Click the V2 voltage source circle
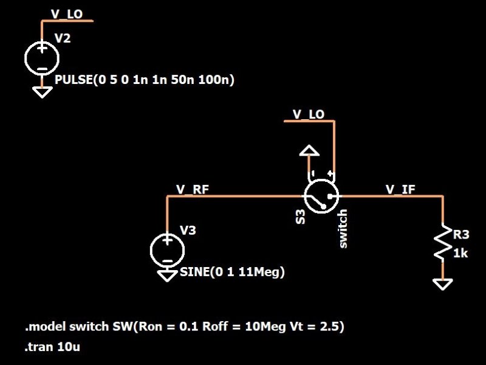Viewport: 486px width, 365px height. [41, 58]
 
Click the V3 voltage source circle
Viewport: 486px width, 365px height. [166, 249]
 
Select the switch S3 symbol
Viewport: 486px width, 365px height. [321, 196]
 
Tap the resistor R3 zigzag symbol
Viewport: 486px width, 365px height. [443, 244]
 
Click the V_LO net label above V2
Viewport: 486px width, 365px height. [66, 13]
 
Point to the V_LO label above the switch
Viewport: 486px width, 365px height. [308, 114]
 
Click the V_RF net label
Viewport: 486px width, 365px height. [193, 189]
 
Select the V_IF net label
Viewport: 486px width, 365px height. [400, 189]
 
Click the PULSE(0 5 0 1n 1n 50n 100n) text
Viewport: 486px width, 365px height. [145, 80]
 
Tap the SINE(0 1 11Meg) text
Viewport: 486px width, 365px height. [232, 272]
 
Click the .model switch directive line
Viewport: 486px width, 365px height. [185, 327]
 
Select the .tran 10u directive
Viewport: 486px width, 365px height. [53, 347]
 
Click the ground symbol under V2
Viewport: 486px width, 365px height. [41, 92]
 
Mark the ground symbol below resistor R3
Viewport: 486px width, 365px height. [443, 283]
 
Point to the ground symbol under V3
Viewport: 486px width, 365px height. [166, 275]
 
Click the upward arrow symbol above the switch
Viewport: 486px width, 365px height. [309, 151]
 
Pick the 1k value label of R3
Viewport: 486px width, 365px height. [460, 253]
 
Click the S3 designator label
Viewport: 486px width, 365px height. [299, 217]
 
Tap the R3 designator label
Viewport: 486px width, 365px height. [461, 234]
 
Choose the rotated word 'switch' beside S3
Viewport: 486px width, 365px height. [343, 228]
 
